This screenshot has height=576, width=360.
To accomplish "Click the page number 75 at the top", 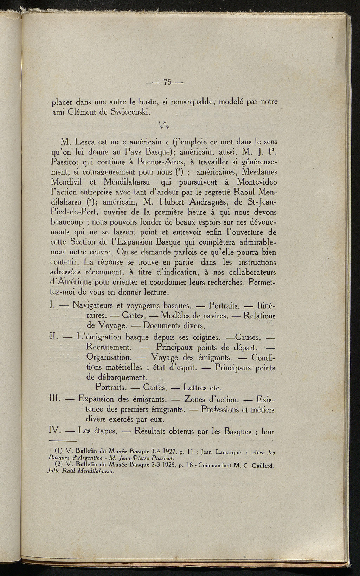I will coord(167,82).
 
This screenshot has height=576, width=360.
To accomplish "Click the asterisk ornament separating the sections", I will coord(164,125).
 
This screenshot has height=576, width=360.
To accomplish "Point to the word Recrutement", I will coord(109,347).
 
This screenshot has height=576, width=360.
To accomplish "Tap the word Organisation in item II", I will coord(108,357).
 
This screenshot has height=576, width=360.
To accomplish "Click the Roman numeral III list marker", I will coord(55,399).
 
